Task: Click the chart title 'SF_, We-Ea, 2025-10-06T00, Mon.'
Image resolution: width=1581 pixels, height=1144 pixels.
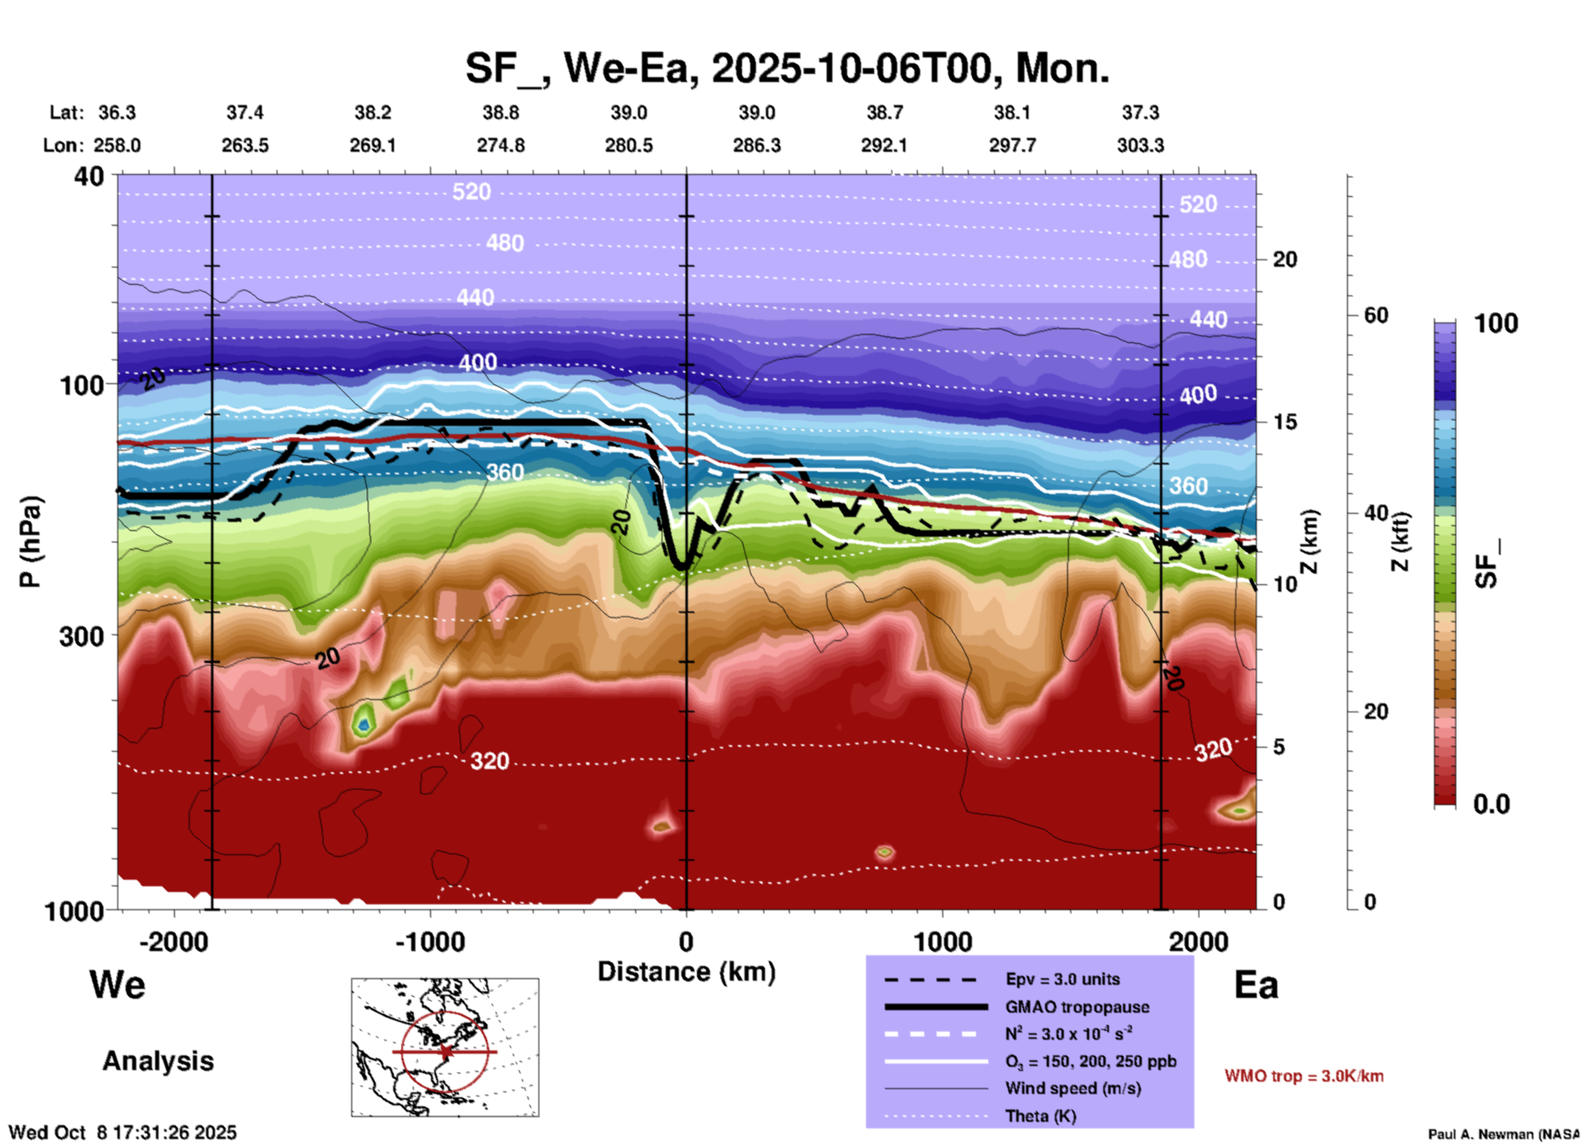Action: click(786, 69)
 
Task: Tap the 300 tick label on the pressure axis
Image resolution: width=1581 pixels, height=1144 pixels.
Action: click(81, 636)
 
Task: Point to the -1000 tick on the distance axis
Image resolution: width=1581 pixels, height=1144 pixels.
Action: click(429, 941)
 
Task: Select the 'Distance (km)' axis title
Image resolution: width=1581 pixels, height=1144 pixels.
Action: click(686, 972)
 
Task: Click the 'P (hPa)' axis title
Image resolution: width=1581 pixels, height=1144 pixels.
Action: click(30, 542)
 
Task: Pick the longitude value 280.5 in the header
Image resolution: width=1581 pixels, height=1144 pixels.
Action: click(629, 145)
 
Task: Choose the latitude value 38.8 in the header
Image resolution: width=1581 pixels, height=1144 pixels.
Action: click(500, 112)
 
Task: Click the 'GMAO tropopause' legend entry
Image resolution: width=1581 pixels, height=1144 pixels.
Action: click(1077, 1007)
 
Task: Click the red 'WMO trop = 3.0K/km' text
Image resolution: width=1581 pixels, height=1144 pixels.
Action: click(1304, 1076)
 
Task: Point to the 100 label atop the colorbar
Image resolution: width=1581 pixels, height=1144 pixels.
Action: click(1496, 323)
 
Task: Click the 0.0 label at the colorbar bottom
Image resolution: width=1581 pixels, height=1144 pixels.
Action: click(1492, 804)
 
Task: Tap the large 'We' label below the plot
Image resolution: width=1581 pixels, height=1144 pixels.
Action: click(117, 985)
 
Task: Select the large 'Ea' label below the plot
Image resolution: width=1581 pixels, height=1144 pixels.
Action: click(1256, 985)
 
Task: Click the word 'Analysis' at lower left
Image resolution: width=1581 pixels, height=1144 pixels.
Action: click(158, 1061)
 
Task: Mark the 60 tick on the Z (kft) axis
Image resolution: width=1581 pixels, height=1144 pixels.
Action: click(1376, 315)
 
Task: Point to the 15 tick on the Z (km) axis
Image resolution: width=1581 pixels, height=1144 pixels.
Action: click(1285, 422)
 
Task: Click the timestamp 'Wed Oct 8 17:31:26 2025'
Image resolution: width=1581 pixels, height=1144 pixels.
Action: click(122, 1133)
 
